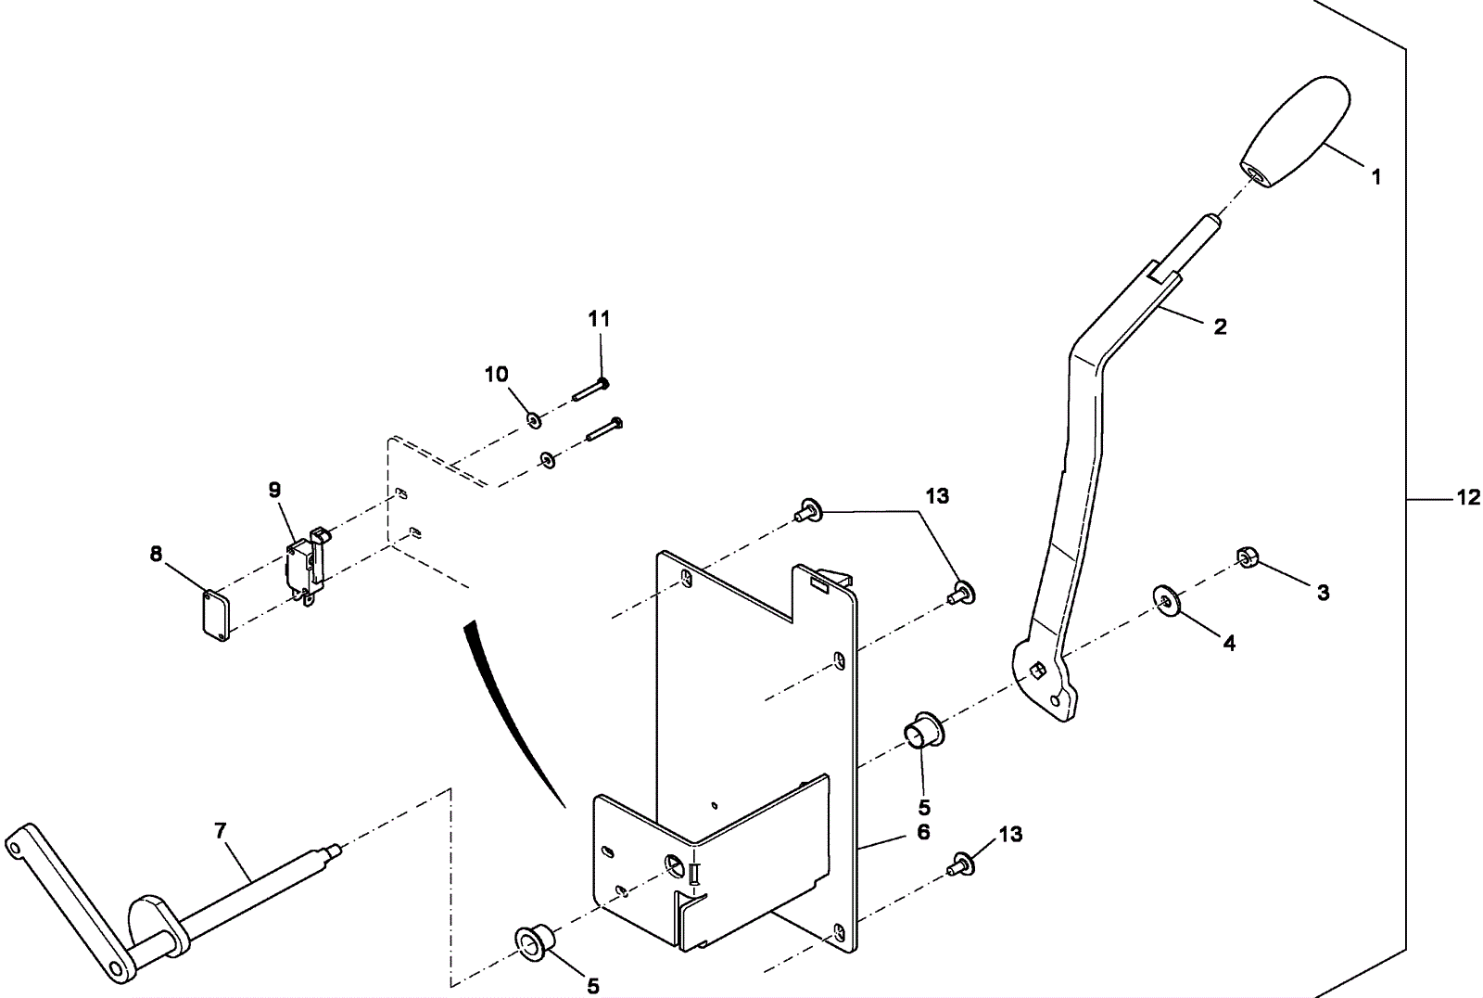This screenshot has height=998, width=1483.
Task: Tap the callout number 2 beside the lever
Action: tap(1220, 326)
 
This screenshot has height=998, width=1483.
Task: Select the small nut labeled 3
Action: tap(1247, 557)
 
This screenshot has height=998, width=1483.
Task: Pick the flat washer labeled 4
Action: tap(1164, 599)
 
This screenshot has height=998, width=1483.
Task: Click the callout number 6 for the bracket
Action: tap(923, 833)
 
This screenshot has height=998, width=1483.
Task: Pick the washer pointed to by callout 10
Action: tap(534, 421)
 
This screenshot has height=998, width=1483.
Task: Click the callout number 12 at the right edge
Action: tap(1468, 498)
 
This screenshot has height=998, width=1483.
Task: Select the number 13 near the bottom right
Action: tap(1010, 835)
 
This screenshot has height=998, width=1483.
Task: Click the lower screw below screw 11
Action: tap(603, 429)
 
